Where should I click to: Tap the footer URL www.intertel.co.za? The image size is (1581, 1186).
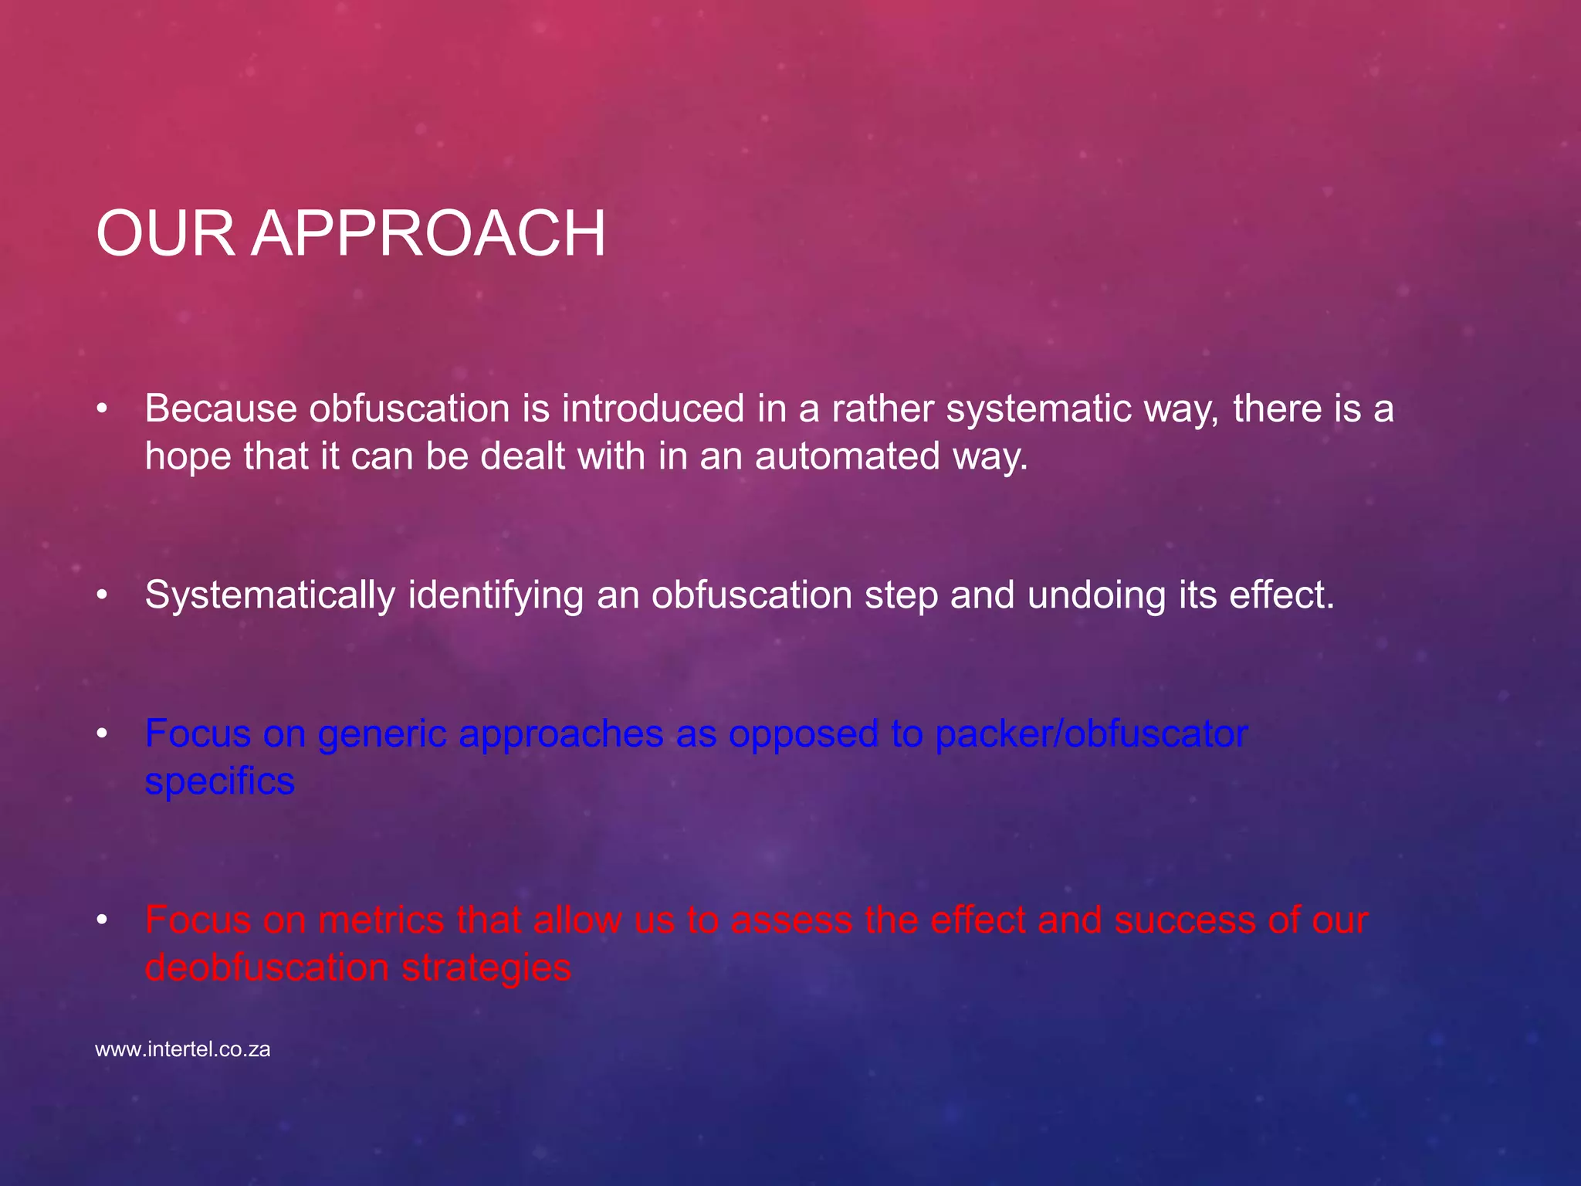click(183, 1050)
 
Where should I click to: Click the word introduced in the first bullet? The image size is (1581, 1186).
click(653, 408)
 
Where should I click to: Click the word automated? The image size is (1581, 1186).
click(847, 456)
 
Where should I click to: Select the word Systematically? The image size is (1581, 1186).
click(270, 596)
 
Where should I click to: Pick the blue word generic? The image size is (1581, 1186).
click(382, 735)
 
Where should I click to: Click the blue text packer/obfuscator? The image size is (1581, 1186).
click(1091, 734)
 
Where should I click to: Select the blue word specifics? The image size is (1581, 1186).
click(220, 782)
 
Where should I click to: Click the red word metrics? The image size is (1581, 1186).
click(381, 920)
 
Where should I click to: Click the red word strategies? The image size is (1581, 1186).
click(486, 968)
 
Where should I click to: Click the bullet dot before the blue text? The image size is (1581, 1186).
click(102, 734)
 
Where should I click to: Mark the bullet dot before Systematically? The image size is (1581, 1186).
click(102, 595)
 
